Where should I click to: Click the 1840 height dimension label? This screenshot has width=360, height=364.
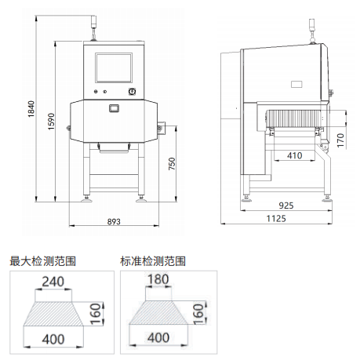click(31, 109)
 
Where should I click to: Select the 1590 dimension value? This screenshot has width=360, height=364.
click(51, 122)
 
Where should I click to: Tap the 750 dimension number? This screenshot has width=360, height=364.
click(172, 164)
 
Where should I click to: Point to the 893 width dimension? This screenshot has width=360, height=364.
click(114, 221)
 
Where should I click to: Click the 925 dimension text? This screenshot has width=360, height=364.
click(286, 206)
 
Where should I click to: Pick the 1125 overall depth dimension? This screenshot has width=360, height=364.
click(276, 218)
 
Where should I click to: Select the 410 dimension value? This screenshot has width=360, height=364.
click(295, 155)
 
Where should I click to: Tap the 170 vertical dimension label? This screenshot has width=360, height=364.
click(340, 140)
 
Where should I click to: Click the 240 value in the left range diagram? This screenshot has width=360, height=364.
click(53, 282)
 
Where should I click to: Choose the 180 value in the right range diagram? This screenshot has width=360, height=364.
click(158, 279)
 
